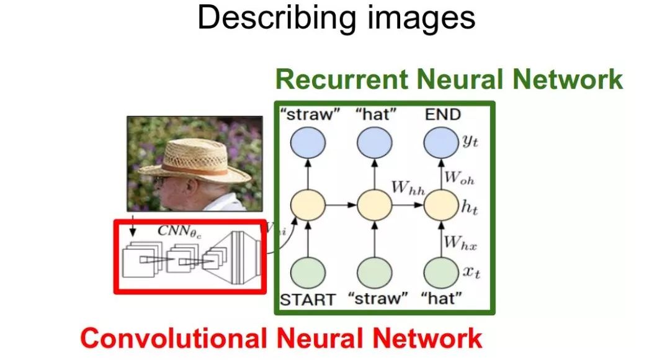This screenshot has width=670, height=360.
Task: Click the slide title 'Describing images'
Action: click(x=336, y=18)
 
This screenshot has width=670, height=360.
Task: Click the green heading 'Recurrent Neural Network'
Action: click(x=449, y=80)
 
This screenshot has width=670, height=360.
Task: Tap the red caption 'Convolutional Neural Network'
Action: click(x=281, y=339)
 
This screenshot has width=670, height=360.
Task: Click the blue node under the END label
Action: click(x=440, y=144)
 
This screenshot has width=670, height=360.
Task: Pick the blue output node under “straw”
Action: click(x=308, y=144)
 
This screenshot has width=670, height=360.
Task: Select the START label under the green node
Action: click(x=308, y=299)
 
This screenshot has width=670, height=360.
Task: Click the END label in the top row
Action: click(x=442, y=114)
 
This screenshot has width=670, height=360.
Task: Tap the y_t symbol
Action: click(x=470, y=143)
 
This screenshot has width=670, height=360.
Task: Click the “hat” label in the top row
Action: click(x=375, y=114)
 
